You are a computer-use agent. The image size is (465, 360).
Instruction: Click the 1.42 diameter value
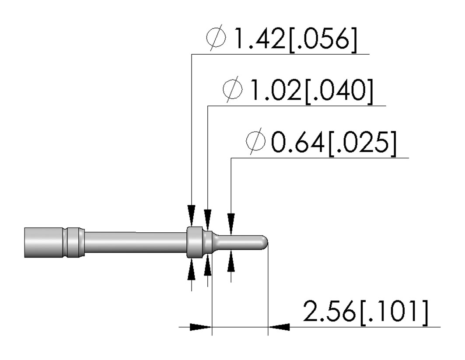[259, 39]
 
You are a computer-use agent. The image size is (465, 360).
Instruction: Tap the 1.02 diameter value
[276, 90]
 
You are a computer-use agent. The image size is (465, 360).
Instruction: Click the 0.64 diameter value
[297, 143]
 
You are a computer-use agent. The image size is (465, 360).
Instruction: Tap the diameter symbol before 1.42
[216, 38]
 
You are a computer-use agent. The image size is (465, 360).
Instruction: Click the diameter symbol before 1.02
[233, 90]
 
